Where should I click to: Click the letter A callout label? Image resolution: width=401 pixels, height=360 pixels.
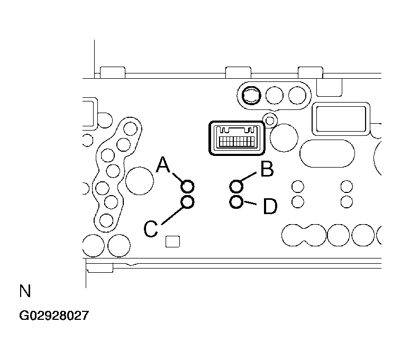tap(163, 164)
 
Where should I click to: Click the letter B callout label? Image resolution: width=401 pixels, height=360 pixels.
tap(267, 169)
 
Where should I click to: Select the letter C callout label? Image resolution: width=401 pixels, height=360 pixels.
tap(151, 229)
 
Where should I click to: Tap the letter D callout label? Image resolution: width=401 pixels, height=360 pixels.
tap(270, 206)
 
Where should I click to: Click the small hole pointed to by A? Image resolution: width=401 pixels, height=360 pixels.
tap(187, 186)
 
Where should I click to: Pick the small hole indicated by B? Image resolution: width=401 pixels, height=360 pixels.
tap(236, 186)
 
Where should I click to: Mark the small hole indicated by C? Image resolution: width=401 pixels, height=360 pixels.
tap(187, 202)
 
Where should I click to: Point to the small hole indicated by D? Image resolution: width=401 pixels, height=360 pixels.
tap(236, 202)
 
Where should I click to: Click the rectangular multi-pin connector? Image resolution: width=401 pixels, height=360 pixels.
tap(237, 138)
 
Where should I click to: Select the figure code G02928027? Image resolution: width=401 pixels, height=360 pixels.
tap(54, 316)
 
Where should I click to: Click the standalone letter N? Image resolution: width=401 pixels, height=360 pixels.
tap(25, 291)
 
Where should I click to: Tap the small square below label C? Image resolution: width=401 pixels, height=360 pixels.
tap(172, 242)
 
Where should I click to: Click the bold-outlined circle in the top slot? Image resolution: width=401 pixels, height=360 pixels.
tap(251, 96)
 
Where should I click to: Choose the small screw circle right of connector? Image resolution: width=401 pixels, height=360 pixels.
tap(270, 121)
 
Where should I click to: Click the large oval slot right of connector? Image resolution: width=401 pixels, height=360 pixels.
tap(327, 153)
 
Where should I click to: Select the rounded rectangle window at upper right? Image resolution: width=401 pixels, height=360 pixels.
tap(341, 119)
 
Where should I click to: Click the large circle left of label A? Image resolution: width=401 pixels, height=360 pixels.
tap(140, 181)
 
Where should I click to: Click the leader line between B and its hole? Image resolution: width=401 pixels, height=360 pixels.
tap(248, 177)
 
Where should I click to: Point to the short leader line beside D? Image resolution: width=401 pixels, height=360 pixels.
tap(250, 203)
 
